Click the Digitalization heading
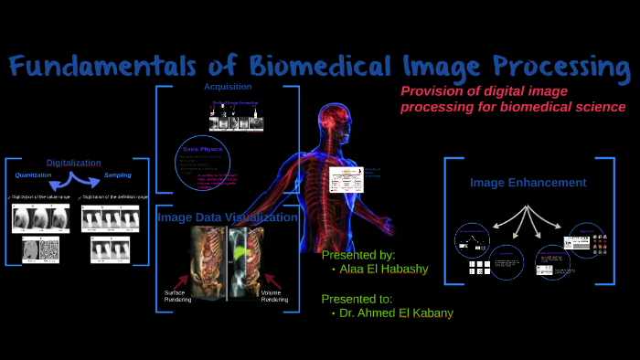coord(73,163)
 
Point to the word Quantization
coord(34,175)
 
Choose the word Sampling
coord(117,175)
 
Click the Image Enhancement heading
coord(528,183)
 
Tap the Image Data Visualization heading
coord(227,217)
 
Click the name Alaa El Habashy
coord(382,270)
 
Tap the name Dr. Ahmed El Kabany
coord(395,313)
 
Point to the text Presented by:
coord(358,255)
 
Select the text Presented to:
coord(357,298)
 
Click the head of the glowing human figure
coord(334,122)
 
